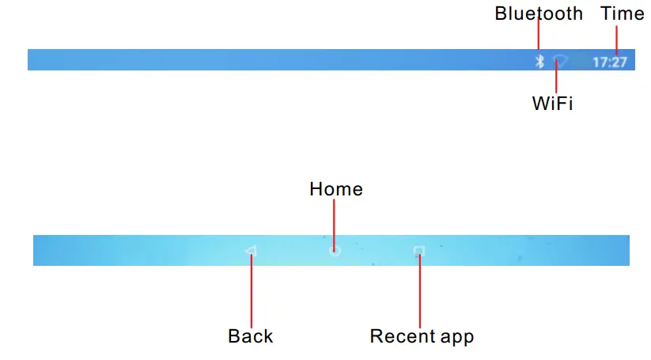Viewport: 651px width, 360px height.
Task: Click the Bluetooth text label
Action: [x=539, y=13]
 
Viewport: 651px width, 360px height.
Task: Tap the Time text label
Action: [x=623, y=13]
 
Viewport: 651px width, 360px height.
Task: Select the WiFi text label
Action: [x=552, y=104]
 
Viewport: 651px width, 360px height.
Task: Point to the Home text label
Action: [x=336, y=189]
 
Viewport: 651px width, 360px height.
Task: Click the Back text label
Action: [x=250, y=336]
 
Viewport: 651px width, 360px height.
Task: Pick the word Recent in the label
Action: [x=400, y=336]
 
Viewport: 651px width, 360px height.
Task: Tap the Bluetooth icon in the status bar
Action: [x=539, y=61]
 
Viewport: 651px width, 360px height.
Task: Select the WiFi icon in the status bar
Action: [x=560, y=60]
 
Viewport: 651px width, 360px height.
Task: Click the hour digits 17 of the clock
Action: [x=600, y=61]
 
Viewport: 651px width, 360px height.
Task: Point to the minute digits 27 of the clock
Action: [x=619, y=61]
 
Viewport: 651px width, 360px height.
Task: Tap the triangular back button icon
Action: [x=251, y=251]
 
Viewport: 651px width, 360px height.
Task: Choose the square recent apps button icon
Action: [x=418, y=251]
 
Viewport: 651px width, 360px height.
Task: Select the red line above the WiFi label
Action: [x=557, y=79]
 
